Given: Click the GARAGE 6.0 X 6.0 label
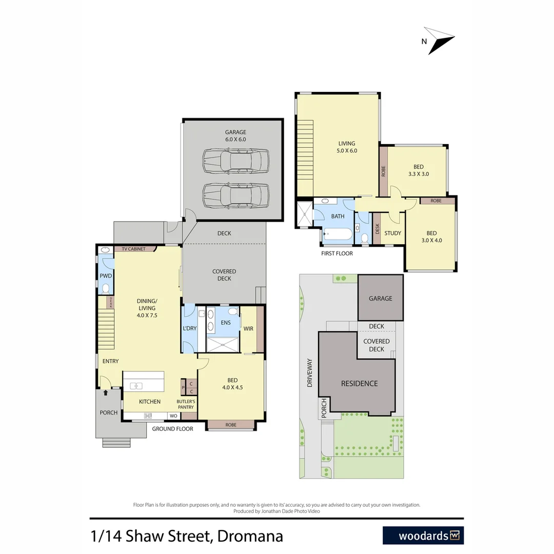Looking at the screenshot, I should pyautogui.click(x=235, y=135).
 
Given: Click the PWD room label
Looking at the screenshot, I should pyautogui.click(x=106, y=276).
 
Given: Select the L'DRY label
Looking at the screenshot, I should pyautogui.click(x=189, y=328).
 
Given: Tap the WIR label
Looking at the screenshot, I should pyautogui.click(x=248, y=328).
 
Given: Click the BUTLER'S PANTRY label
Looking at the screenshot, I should pyautogui.click(x=185, y=404).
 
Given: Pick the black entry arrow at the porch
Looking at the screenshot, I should pyautogui.click(x=106, y=393).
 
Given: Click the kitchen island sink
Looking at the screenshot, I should pyautogui.click(x=136, y=386).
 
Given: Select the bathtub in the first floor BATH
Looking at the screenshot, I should pyautogui.click(x=338, y=234).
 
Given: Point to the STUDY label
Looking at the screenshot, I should pyautogui.click(x=392, y=233).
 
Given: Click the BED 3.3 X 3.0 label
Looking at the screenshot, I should pyautogui.click(x=419, y=170).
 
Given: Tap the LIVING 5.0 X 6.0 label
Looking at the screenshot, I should pyautogui.click(x=347, y=147).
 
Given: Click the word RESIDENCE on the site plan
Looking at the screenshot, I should pyautogui.click(x=360, y=383).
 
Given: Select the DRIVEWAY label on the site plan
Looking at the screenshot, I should pyautogui.click(x=309, y=372).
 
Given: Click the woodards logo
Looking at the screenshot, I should pyautogui.click(x=423, y=536).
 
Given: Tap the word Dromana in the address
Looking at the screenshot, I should pyautogui.click(x=250, y=537).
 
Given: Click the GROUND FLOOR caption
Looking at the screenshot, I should pyautogui.click(x=172, y=429).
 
